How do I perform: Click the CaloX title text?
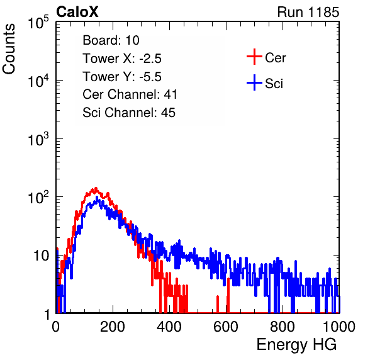click(x=77, y=12)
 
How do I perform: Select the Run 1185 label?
click(x=308, y=12)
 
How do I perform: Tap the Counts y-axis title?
click(x=9, y=49)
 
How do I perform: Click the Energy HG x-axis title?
click(x=296, y=345)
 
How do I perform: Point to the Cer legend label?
click(x=275, y=58)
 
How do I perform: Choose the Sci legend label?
click(x=274, y=84)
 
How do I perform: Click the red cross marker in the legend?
click(x=254, y=57)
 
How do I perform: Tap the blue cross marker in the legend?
click(x=254, y=82)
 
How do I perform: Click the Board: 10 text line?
click(x=111, y=40)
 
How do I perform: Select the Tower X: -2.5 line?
click(x=122, y=59)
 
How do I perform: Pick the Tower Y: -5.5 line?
click(x=122, y=77)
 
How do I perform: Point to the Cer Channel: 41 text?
click(x=130, y=94)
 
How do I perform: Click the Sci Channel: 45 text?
click(x=129, y=113)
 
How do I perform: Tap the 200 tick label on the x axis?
click(x=113, y=327)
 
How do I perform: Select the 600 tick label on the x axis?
click(x=226, y=327)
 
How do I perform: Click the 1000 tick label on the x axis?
click(x=339, y=327)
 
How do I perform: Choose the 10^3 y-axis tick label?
click(x=38, y=138)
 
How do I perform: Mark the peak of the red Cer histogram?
click(x=96, y=188)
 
